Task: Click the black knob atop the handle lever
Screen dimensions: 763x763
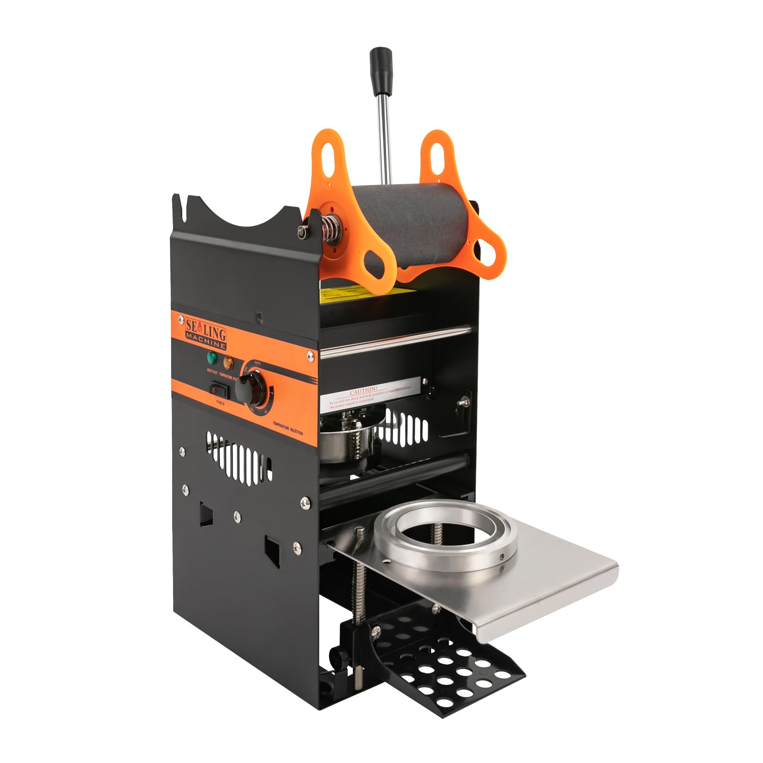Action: (380, 60)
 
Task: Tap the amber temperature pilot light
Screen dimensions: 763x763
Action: (227, 362)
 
